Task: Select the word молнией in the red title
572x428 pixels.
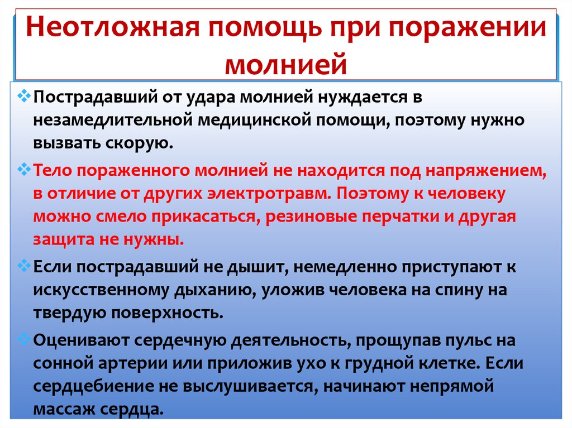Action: click(285, 65)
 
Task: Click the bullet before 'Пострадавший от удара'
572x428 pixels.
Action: click(23, 96)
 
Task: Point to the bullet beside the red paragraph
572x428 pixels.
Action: click(23, 169)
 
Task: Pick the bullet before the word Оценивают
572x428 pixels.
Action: click(23, 339)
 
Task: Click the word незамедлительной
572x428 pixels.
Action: click(112, 121)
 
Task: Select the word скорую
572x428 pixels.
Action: click(139, 143)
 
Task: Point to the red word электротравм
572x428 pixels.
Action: click(269, 194)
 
